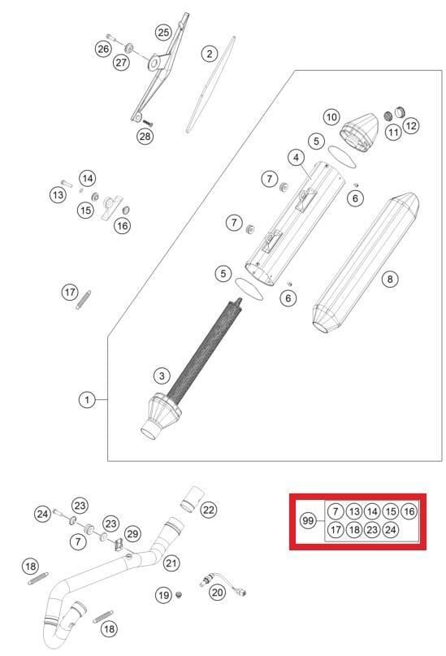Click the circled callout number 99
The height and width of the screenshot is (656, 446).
pos(308,520)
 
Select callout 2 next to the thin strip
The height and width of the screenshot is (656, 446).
pos(210,54)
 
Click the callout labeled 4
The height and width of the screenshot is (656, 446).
pos(296,157)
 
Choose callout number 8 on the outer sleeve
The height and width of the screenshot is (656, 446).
pos(390,279)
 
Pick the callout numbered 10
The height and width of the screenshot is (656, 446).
pos(331,117)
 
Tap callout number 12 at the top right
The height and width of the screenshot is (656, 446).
pos(411,125)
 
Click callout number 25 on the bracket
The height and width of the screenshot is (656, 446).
pos(163,33)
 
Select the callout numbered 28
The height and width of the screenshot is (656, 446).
pos(144,136)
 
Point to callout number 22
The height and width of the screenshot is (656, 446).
pos(209,510)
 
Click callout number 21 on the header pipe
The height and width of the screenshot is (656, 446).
pos(171,563)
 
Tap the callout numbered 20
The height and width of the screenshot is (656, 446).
pos(217,593)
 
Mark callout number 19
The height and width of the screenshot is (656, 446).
pos(163,596)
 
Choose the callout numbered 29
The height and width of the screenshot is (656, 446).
pos(132,533)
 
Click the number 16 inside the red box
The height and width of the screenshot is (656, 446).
pos(409,511)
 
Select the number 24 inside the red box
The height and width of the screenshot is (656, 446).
pos(391,530)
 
